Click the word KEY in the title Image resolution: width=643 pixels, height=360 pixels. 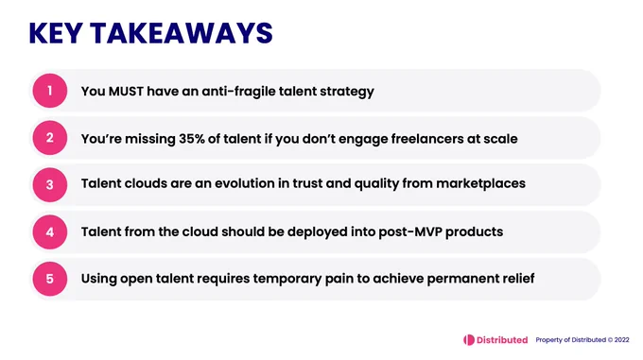[56, 33]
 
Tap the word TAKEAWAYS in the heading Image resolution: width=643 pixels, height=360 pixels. [182, 33]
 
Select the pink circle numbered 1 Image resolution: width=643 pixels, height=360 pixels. [50, 91]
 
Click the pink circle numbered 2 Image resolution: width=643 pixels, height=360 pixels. [50, 138]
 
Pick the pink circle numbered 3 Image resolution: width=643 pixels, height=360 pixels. [50, 184]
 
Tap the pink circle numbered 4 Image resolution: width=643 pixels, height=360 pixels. [50, 231]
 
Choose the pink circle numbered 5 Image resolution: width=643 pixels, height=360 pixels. [50, 279]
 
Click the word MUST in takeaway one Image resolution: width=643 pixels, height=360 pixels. [126, 91]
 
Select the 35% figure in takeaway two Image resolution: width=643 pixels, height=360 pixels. [192, 139]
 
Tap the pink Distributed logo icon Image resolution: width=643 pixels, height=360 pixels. [469, 340]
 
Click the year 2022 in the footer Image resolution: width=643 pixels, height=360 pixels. [621, 340]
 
